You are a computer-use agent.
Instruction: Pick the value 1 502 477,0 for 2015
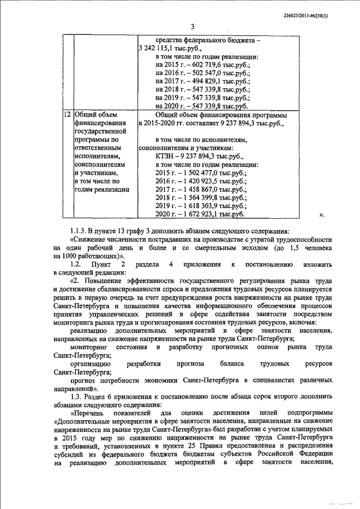202,174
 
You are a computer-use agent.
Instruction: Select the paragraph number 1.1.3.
80,231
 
